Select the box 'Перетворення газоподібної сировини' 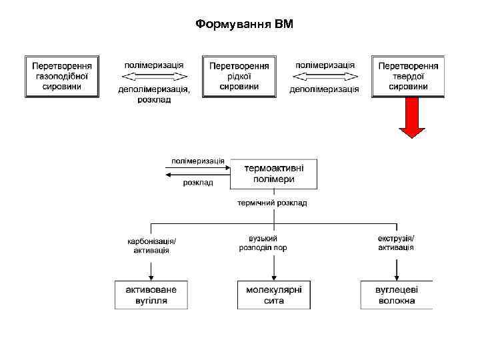click(x=62, y=76)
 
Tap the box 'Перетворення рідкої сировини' click(x=239, y=76)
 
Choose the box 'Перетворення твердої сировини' click(x=408, y=76)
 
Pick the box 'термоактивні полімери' click(x=274, y=173)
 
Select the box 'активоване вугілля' click(x=151, y=295)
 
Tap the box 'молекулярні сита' click(x=274, y=295)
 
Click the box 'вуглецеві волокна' click(x=397, y=295)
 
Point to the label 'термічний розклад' click(x=273, y=203)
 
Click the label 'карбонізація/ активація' click(x=151, y=245)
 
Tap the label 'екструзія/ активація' click(x=396, y=243)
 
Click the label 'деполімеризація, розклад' click(x=154, y=94)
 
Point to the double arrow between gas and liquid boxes click(x=153, y=77)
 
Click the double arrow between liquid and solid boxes click(x=324, y=77)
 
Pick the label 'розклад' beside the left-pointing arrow click(x=198, y=183)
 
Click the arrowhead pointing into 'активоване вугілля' click(x=151, y=277)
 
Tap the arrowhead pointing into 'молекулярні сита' click(x=274, y=277)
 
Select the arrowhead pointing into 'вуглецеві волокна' click(x=397, y=277)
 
